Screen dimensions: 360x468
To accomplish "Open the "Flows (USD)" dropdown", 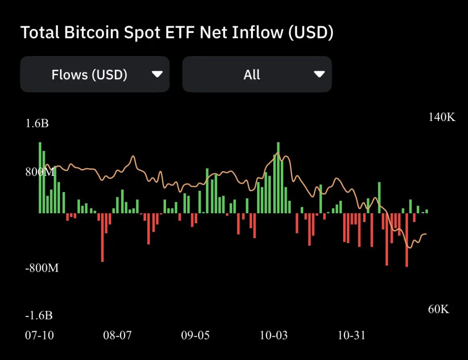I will point(95,74).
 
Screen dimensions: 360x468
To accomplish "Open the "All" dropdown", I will point(257,74).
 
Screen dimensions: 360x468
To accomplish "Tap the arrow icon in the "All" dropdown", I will point(319,74).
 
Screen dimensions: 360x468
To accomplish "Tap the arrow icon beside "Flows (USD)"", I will point(157,74).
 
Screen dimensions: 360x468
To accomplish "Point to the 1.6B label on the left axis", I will point(37,123).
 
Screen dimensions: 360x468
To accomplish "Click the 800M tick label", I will point(40,172).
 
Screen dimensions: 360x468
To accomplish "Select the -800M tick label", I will point(42,268).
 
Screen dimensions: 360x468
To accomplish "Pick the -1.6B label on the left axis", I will point(39,315).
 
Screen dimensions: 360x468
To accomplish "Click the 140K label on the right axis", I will point(442,117).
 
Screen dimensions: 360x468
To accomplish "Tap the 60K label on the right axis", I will point(439,309).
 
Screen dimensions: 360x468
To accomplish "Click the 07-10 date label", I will point(40,335).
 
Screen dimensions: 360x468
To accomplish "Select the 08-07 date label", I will point(117,335).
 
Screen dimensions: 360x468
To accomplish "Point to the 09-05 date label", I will point(195,335).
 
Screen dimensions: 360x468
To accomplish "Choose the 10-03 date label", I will point(274,335).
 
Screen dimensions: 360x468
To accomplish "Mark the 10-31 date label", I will point(352,335).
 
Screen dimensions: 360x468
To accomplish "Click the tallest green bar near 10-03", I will point(278,178).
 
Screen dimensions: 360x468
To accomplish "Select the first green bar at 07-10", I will point(40,178).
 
